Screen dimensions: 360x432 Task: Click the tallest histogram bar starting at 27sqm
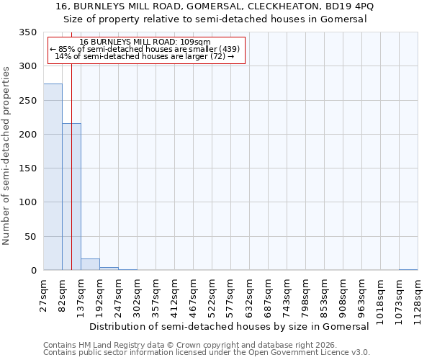(53, 177)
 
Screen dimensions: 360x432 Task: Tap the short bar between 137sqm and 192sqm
(90, 264)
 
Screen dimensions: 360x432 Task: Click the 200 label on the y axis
(28, 135)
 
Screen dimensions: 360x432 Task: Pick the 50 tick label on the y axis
(31, 237)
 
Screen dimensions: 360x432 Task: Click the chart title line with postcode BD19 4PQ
(215, 6)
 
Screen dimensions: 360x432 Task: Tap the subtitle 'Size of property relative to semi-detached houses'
(215, 19)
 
